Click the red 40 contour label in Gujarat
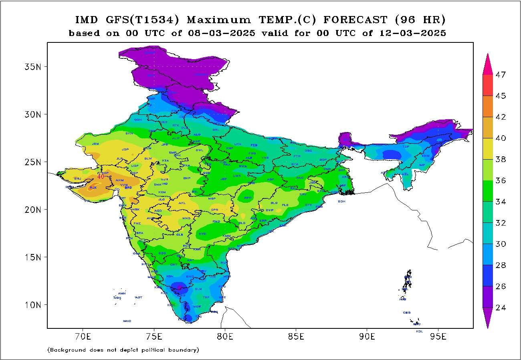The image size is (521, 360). coord(101,176)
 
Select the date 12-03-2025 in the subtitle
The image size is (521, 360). coord(412,33)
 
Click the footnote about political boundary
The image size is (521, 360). coord(123,350)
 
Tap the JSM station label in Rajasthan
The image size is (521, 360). coord(95,144)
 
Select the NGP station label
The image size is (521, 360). coord(212,198)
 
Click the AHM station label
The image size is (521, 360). coord(120,180)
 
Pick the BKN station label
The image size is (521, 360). coord(129,133)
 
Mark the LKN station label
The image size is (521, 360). coord(238,144)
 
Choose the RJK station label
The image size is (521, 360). coord(93,188)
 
